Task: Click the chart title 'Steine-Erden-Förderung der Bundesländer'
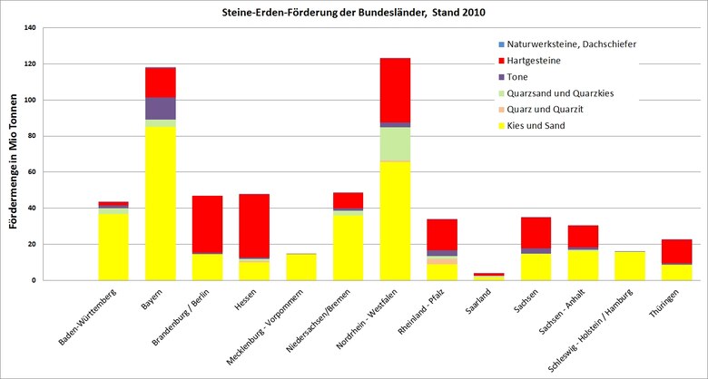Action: coord(355,13)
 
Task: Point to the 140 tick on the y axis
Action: coord(30,28)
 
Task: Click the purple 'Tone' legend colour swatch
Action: coord(501,76)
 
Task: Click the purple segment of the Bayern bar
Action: coord(161,108)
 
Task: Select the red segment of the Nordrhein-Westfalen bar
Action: coord(395,90)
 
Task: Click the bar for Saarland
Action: coord(488,276)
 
